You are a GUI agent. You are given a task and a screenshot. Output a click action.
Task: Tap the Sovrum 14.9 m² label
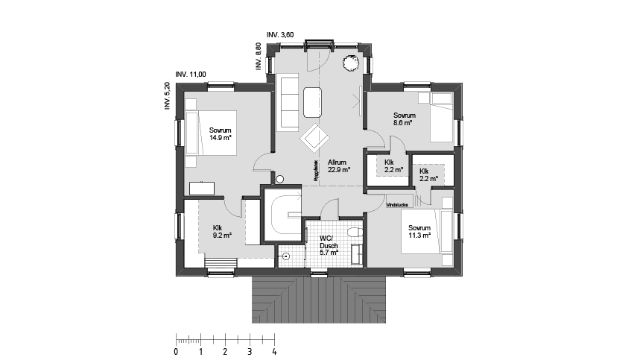coord(220,133)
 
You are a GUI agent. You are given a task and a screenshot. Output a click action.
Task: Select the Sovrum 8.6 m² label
coord(404,119)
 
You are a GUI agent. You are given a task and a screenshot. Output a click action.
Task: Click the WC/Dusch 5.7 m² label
coord(329,245)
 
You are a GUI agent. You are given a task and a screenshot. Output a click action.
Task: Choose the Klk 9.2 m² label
coord(221,231)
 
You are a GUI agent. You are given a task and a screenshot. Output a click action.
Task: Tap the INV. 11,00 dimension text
coord(190,75)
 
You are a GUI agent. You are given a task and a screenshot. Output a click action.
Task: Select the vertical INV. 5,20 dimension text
coord(168,97)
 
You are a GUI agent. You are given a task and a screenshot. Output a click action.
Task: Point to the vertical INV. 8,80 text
coord(258,57)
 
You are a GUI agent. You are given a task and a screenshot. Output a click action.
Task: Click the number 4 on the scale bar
coord(274,351)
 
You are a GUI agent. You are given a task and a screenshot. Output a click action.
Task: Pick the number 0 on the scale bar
coord(176,351)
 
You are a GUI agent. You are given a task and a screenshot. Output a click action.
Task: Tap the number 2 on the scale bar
coord(225,351)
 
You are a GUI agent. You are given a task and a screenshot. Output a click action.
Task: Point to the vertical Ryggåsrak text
coord(316,172)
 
